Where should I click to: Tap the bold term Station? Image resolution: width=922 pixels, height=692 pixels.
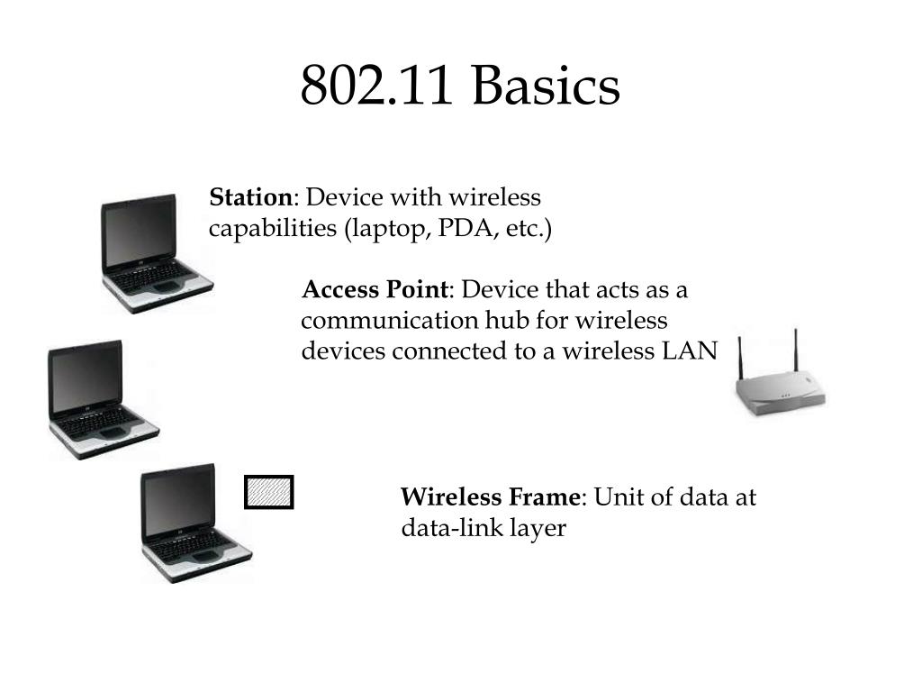click(x=251, y=197)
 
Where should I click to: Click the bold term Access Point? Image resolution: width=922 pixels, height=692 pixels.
click(x=375, y=290)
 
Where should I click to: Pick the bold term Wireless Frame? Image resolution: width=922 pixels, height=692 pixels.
click(x=492, y=497)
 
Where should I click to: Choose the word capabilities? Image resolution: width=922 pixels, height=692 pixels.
click(x=271, y=229)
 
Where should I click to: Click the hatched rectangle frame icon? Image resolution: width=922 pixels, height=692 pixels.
click(x=269, y=492)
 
